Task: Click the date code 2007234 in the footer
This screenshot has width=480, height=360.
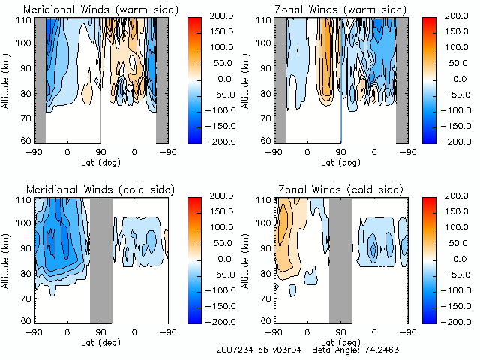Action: pos(234,350)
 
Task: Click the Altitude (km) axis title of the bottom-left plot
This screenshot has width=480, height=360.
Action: pos(7,259)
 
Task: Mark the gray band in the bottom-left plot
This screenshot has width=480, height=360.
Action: pos(101,259)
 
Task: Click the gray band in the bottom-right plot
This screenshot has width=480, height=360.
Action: pos(340,259)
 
